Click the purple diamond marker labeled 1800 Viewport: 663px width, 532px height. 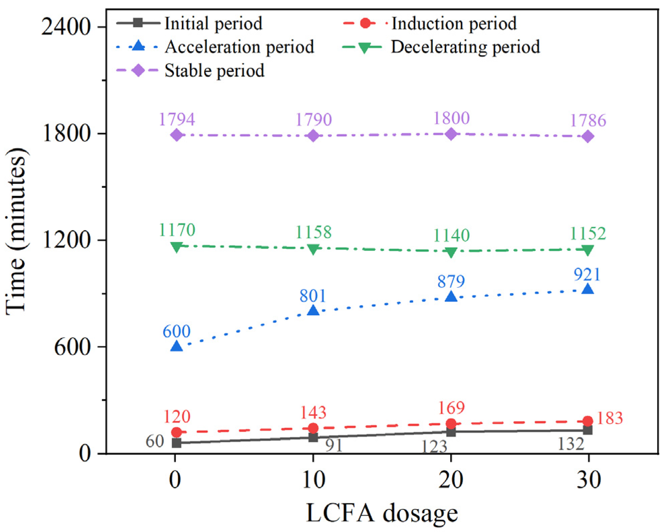click(451, 134)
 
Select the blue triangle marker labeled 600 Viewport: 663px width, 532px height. click(177, 346)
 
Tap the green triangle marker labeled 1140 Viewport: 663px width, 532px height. click(451, 252)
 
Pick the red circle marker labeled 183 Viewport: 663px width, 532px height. click(587, 421)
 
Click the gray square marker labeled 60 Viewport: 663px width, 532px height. click(177, 443)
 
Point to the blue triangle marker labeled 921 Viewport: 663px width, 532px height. click(587, 289)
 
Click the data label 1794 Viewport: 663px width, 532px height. click(177, 119)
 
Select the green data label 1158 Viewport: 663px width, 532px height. click(313, 232)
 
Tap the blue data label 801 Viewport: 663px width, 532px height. click(313, 296)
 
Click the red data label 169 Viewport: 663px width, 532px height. click(452, 408)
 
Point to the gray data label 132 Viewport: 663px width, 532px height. click(571, 444)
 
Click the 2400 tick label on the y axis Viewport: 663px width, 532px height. click(66, 27)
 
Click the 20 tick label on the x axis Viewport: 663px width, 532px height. click(451, 480)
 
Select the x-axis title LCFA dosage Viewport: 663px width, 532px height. click(382, 513)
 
